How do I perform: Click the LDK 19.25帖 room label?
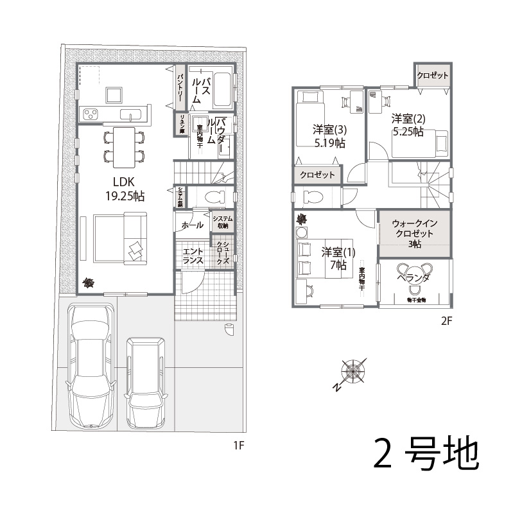coord(125,189)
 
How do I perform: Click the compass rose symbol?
coord(352,372)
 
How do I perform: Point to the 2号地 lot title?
coord(426,454)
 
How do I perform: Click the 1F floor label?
coord(239,444)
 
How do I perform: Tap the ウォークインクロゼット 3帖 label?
coord(415,234)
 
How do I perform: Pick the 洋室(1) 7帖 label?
coord(334,257)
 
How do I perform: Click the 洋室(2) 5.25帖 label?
coord(408,125)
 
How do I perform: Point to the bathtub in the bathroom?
coord(223,91)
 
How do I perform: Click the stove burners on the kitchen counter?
coord(91,115)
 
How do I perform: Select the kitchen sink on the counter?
coord(131,116)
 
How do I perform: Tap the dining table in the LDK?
coord(121,144)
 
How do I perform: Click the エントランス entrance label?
coord(193,256)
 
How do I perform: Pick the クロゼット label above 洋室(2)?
coord(433,76)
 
